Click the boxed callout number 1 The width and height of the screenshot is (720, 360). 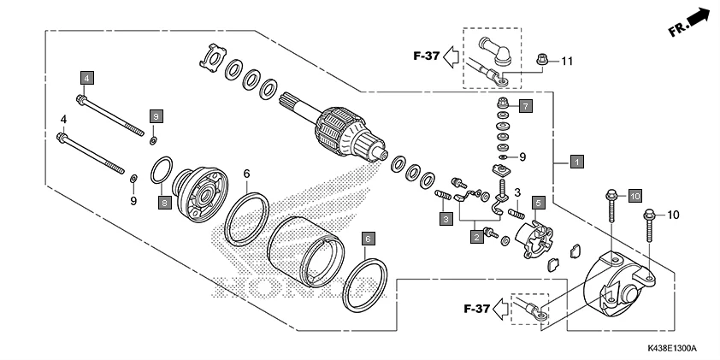[577, 161]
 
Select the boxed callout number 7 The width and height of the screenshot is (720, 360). [525, 106]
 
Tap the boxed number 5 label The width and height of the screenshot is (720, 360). [539, 203]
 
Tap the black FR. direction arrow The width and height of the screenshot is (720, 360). [699, 16]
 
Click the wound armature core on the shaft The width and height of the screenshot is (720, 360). [339, 133]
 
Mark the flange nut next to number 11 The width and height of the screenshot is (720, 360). [540, 60]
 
